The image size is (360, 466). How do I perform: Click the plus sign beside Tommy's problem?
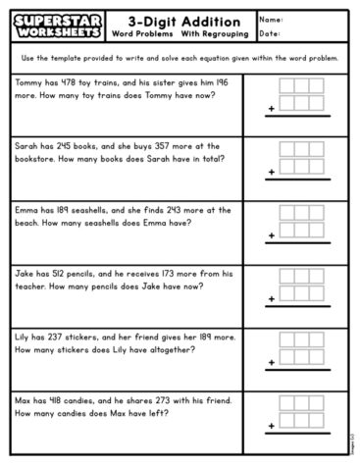tap(271, 110)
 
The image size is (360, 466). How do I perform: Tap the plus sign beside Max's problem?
tap(271, 426)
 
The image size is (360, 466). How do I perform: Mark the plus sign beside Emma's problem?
tap(271, 236)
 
